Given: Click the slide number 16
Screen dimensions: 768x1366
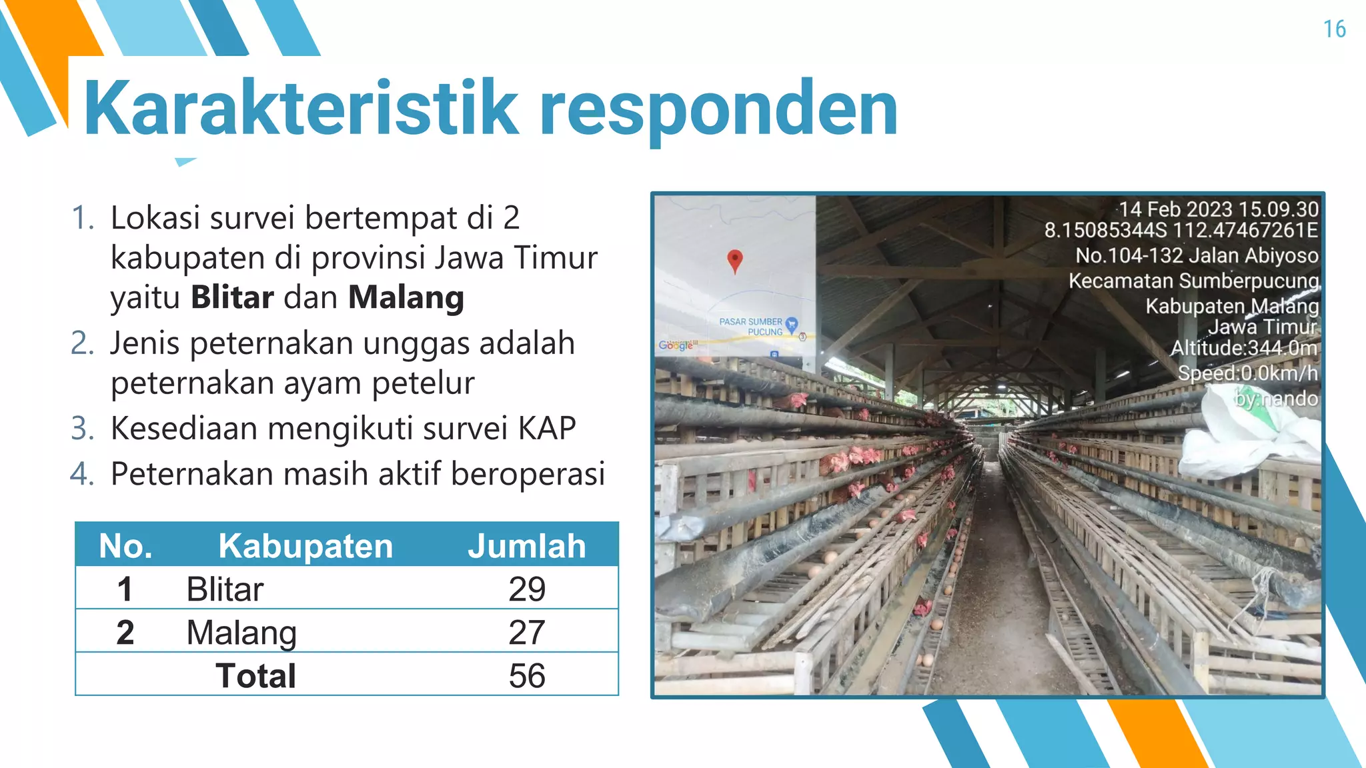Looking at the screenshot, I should click(1334, 29).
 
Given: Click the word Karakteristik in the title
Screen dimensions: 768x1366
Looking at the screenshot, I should click(301, 108).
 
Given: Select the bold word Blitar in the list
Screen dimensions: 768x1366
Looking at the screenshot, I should click(232, 297).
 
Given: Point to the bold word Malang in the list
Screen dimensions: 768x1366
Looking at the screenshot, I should click(406, 297).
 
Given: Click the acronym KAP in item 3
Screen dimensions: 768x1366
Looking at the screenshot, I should click(547, 428).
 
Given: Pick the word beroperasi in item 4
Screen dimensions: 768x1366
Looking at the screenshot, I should click(528, 474).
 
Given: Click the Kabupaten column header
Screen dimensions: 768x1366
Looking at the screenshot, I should click(305, 546).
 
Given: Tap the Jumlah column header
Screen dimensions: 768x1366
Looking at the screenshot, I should click(526, 546).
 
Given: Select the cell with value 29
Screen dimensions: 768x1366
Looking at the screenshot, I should click(526, 589).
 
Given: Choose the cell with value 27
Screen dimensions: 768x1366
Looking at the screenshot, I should click(526, 632).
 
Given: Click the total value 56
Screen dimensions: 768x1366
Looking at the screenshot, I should click(526, 675).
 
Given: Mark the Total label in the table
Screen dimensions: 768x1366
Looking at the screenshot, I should click(255, 675).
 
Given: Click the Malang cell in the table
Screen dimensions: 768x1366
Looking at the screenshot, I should click(241, 632).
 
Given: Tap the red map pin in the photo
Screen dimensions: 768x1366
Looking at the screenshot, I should click(734, 260).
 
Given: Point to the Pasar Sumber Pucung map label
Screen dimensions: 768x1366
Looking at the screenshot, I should click(751, 327).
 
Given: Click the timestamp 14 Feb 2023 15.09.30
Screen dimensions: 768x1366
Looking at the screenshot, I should click(1218, 209).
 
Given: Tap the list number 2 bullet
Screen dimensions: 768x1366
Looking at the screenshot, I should click(83, 343).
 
